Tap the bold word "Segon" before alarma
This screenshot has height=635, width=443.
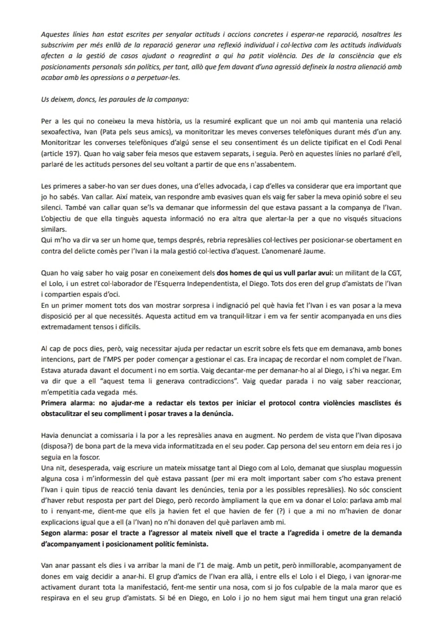point(51,533)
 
